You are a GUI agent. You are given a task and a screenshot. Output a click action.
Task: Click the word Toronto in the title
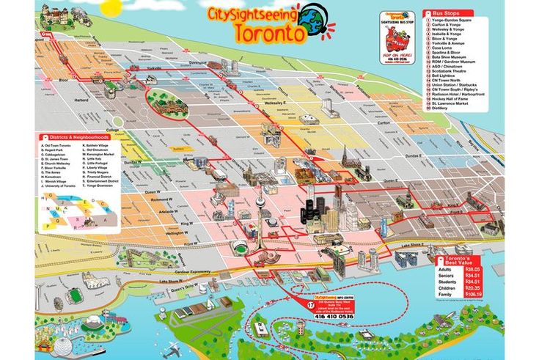pos(269,33)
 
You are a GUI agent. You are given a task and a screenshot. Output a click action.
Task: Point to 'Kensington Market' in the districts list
pos(100,155)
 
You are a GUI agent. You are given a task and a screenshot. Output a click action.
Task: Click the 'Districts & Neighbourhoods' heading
pos(78,137)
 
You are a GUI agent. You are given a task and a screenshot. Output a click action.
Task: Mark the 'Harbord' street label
pos(80,100)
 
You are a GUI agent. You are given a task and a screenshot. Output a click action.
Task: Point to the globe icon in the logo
pos(313,18)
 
